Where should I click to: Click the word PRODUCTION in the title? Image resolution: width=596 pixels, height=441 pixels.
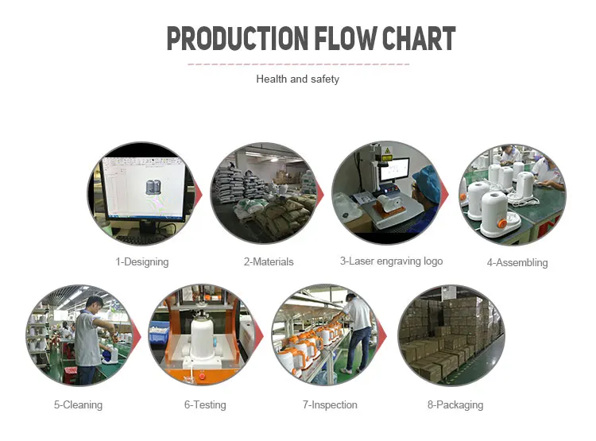[x=238, y=38]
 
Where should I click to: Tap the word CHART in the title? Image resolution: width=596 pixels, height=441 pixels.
[x=419, y=38]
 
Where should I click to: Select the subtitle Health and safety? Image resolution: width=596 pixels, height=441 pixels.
[x=298, y=79]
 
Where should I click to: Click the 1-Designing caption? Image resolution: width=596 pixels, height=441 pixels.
[x=142, y=262]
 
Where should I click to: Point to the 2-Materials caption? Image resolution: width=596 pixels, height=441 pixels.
[x=269, y=262]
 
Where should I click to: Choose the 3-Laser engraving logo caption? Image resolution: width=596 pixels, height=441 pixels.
[x=392, y=261]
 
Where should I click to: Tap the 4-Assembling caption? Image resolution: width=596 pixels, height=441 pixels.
[x=517, y=263]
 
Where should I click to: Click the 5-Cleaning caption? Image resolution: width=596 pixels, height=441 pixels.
[x=79, y=405]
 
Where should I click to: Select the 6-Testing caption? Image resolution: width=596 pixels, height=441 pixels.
[x=205, y=405]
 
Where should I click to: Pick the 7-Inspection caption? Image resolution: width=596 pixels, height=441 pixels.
[x=330, y=405]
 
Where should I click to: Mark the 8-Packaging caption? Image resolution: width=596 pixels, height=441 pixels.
[x=455, y=405]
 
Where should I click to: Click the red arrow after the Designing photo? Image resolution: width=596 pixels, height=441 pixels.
[x=199, y=195]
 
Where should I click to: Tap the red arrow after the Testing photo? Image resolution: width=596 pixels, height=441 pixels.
[x=258, y=336]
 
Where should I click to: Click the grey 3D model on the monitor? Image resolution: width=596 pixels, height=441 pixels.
[x=153, y=187]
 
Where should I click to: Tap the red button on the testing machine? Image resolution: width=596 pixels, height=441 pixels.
[x=202, y=377]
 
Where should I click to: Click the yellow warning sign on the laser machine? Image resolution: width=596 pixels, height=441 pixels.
[x=387, y=149]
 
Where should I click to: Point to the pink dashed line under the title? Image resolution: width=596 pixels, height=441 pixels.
[x=298, y=64]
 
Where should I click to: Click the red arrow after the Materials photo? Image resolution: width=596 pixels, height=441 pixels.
[x=320, y=195]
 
